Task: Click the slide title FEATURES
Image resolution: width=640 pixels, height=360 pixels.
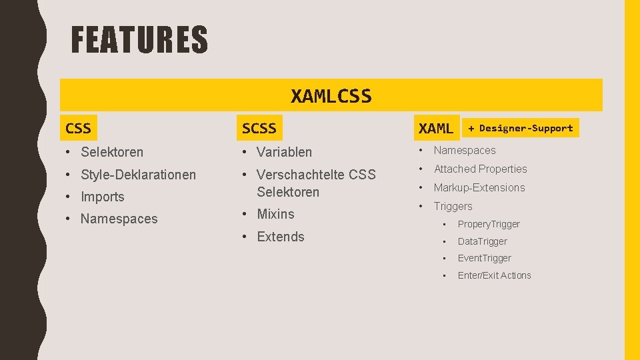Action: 139,39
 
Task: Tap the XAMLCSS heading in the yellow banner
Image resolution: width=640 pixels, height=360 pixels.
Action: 331,96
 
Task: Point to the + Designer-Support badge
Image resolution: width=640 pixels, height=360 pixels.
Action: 520,128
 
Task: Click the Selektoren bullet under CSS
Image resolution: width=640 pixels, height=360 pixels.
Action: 111,152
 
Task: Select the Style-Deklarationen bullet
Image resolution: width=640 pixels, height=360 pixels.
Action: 138,175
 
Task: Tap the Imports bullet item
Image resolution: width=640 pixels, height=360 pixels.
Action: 102,197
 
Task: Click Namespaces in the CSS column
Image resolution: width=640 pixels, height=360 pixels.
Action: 119,219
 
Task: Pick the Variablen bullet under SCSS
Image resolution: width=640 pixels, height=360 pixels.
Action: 284,152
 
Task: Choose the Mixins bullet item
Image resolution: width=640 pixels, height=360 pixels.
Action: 275,214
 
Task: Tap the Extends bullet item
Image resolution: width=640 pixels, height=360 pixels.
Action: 280,237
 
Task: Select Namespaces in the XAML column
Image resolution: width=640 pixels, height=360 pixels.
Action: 465,151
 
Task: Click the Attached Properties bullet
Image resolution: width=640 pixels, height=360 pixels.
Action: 480,169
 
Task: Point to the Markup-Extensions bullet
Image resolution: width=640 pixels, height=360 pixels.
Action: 479,188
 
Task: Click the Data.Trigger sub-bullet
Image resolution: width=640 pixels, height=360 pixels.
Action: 482,241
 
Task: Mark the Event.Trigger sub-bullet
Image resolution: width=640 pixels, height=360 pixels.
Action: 484,258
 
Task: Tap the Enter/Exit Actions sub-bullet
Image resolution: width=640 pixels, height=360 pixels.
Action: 494,275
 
